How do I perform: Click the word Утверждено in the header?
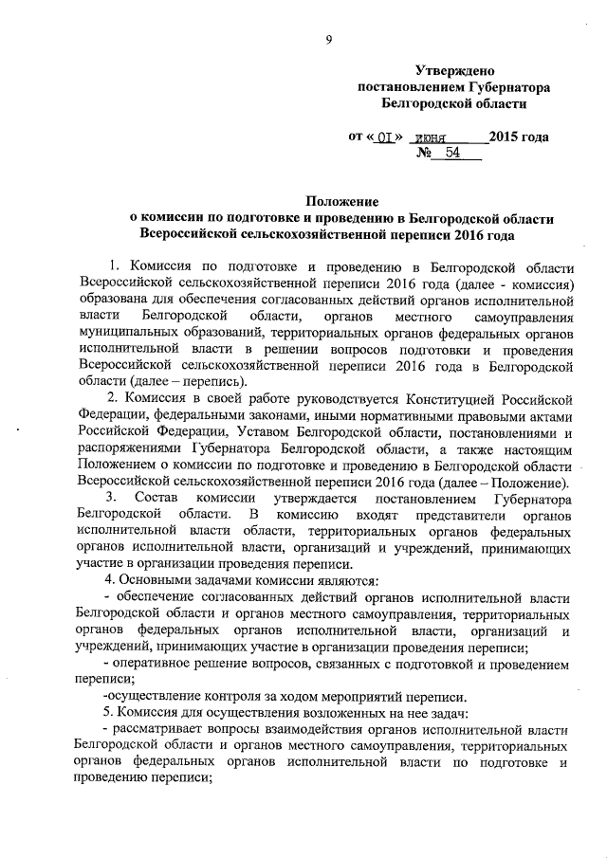click(x=454, y=71)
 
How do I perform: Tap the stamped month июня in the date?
click(x=435, y=137)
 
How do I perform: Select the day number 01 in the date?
click(x=382, y=137)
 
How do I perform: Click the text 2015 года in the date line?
click(x=518, y=136)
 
